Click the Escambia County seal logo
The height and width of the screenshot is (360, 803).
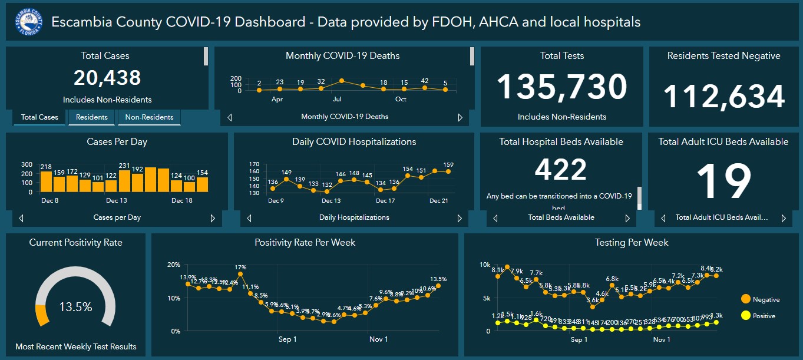(x=28, y=22)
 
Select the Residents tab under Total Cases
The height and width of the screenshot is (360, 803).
(x=92, y=117)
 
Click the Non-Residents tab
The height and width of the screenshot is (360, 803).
(x=149, y=117)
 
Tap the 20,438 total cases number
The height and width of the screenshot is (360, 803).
(x=107, y=78)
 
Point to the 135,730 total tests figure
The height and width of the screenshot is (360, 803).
(x=561, y=87)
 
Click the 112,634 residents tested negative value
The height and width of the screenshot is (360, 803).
(x=724, y=96)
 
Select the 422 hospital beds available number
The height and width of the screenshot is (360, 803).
(x=561, y=170)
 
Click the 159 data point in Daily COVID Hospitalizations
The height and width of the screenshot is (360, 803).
(x=448, y=171)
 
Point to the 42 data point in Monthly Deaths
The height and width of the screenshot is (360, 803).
(x=425, y=88)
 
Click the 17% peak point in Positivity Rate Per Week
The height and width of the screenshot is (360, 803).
(x=240, y=274)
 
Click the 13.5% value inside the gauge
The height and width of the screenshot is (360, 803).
(x=75, y=307)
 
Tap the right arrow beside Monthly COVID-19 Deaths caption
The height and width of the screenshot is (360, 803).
(x=460, y=117)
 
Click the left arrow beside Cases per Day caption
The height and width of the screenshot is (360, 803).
(x=22, y=218)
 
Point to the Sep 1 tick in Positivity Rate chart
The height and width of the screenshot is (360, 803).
(x=288, y=339)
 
